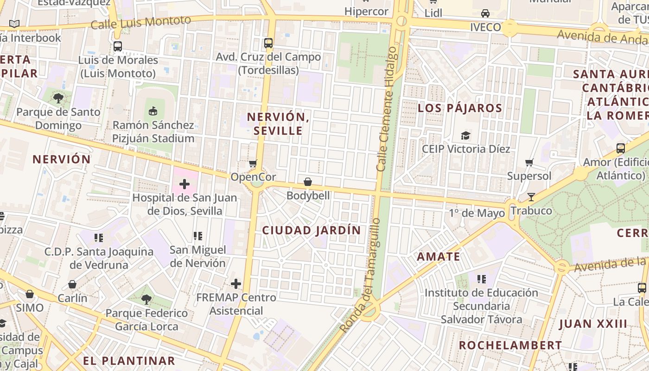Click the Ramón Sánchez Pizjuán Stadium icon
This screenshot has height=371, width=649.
point(153,111)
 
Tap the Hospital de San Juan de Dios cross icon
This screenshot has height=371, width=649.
point(185,184)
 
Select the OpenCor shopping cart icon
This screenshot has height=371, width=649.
point(253,163)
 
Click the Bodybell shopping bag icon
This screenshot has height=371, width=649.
point(307,182)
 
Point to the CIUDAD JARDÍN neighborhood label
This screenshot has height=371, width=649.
point(311,230)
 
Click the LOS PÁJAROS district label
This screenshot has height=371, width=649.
point(460,109)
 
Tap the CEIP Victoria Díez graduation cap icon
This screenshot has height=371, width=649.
point(465,135)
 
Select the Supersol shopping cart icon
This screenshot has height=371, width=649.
point(529,162)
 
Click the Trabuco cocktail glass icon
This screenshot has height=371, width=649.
point(531,197)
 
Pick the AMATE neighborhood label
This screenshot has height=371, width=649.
point(438,257)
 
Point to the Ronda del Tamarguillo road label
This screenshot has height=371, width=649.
point(360,276)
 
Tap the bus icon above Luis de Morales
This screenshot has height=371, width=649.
point(118,46)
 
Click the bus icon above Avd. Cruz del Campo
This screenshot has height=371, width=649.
point(268,43)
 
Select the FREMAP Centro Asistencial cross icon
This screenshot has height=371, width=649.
point(236,283)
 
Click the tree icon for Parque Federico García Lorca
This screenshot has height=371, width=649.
point(146,299)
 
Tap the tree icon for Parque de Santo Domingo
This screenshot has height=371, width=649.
point(58,98)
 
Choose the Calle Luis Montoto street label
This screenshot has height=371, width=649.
point(141,22)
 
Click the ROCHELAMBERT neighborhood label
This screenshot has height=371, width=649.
point(510,345)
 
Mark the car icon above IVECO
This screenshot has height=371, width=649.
point(485,13)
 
